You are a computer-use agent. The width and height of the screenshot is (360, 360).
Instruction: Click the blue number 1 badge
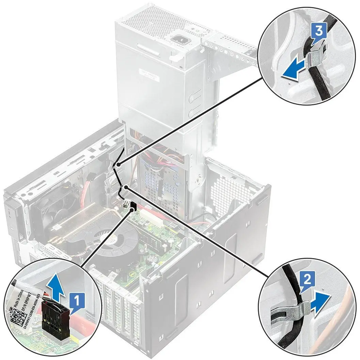[77, 302]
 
